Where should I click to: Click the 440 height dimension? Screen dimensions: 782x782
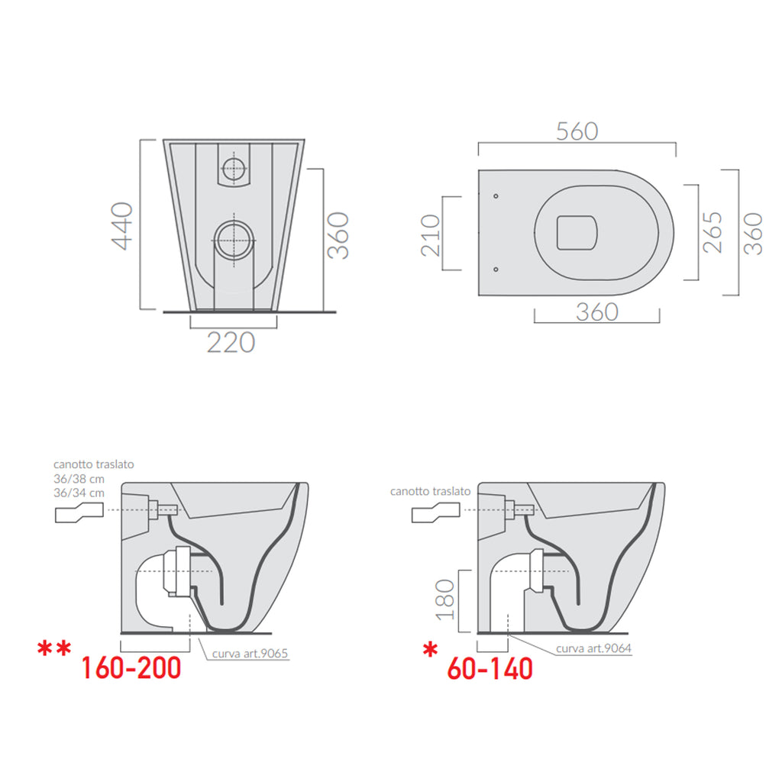click(x=122, y=225)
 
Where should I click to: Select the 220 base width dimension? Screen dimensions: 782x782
click(x=231, y=342)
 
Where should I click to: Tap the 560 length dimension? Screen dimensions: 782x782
click(x=577, y=131)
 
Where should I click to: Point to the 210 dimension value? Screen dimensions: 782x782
click(x=430, y=234)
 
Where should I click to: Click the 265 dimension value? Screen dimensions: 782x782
click(x=711, y=232)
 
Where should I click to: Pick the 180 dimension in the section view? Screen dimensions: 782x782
click(x=445, y=600)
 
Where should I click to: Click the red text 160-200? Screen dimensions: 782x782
click(x=131, y=668)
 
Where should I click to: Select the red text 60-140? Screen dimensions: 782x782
click(x=490, y=669)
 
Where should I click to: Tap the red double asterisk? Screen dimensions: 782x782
click(x=55, y=650)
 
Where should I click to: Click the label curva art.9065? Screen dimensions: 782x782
click(x=253, y=653)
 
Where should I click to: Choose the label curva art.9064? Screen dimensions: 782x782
click(x=594, y=648)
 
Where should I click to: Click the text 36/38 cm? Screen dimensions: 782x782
click(x=78, y=479)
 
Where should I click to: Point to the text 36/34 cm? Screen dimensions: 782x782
click(x=78, y=493)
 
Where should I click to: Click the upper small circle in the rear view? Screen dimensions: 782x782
click(x=233, y=167)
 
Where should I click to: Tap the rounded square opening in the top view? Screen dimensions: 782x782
click(x=577, y=231)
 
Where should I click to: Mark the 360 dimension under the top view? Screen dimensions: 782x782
click(x=596, y=312)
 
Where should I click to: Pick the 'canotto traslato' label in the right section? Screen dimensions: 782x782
click(x=430, y=491)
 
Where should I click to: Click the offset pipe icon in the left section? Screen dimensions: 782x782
click(x=79, y=515)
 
